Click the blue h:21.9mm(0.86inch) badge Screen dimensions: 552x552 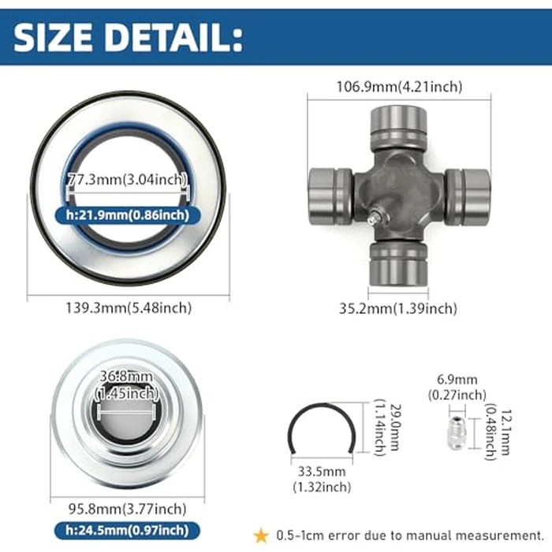click(127, 214)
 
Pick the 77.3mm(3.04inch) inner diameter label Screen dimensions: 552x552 click(127, 179)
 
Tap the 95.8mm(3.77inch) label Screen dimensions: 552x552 click(126, 509)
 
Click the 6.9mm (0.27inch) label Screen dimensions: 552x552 click(457, 386)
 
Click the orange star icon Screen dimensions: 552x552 click(261, 535)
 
